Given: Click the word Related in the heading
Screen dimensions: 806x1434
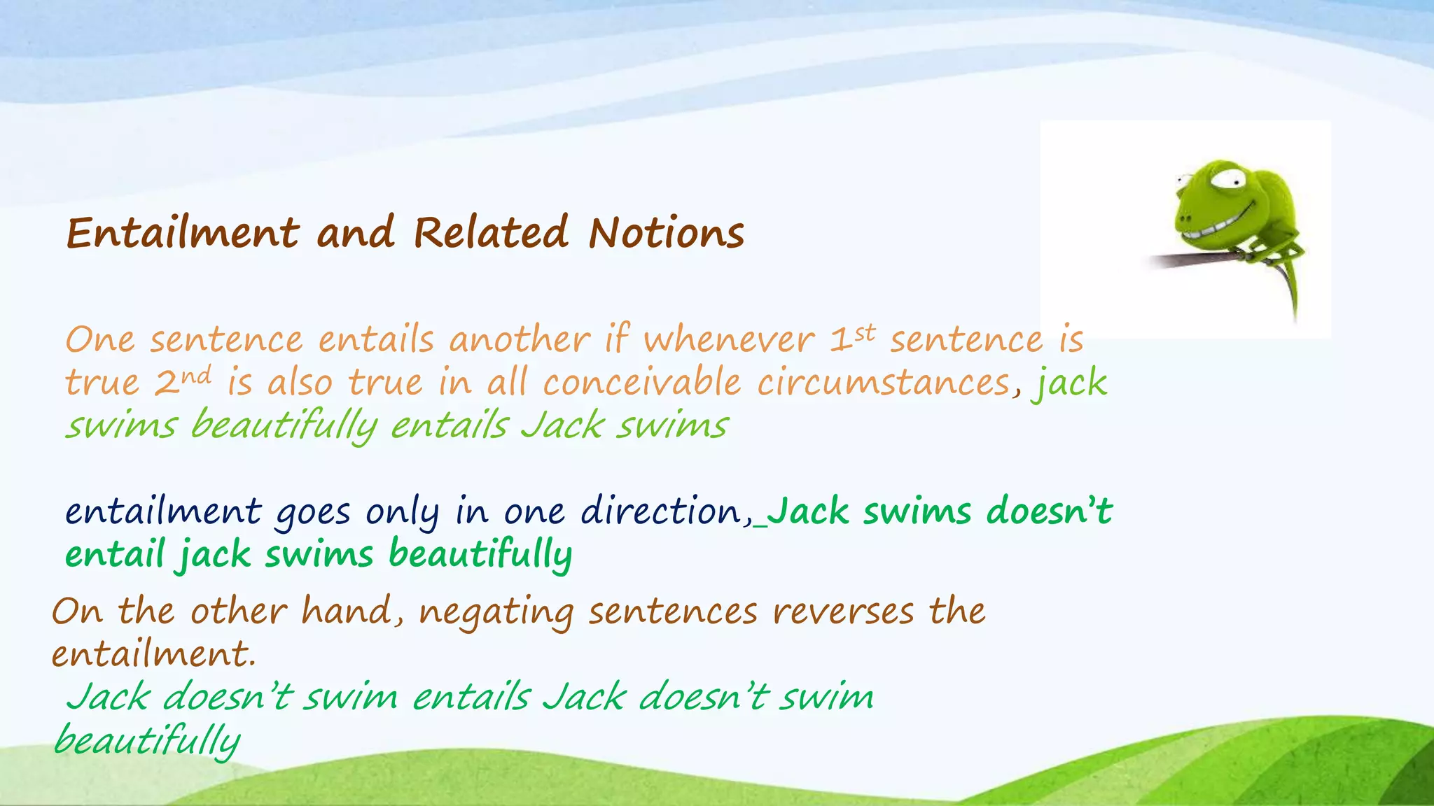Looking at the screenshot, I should tap(490, 233).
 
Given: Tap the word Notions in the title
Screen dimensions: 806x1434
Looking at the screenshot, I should tap(666, 233).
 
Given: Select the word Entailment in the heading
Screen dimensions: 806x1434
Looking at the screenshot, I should tap(183, 233).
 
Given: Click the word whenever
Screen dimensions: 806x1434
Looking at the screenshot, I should tap(729, 340).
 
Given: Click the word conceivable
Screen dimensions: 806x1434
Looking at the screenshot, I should tap(641, 383).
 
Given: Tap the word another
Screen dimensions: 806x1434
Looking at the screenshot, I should tap(520, 340).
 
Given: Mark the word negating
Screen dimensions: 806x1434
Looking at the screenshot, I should tap(496, 613).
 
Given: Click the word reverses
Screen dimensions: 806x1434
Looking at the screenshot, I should tap(843, 611).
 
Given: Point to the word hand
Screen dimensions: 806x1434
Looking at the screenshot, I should tap(346, 611).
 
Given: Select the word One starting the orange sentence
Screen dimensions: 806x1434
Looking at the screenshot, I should tap(99, 340).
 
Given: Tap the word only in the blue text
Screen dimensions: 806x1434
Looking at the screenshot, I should tap(402, 513).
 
